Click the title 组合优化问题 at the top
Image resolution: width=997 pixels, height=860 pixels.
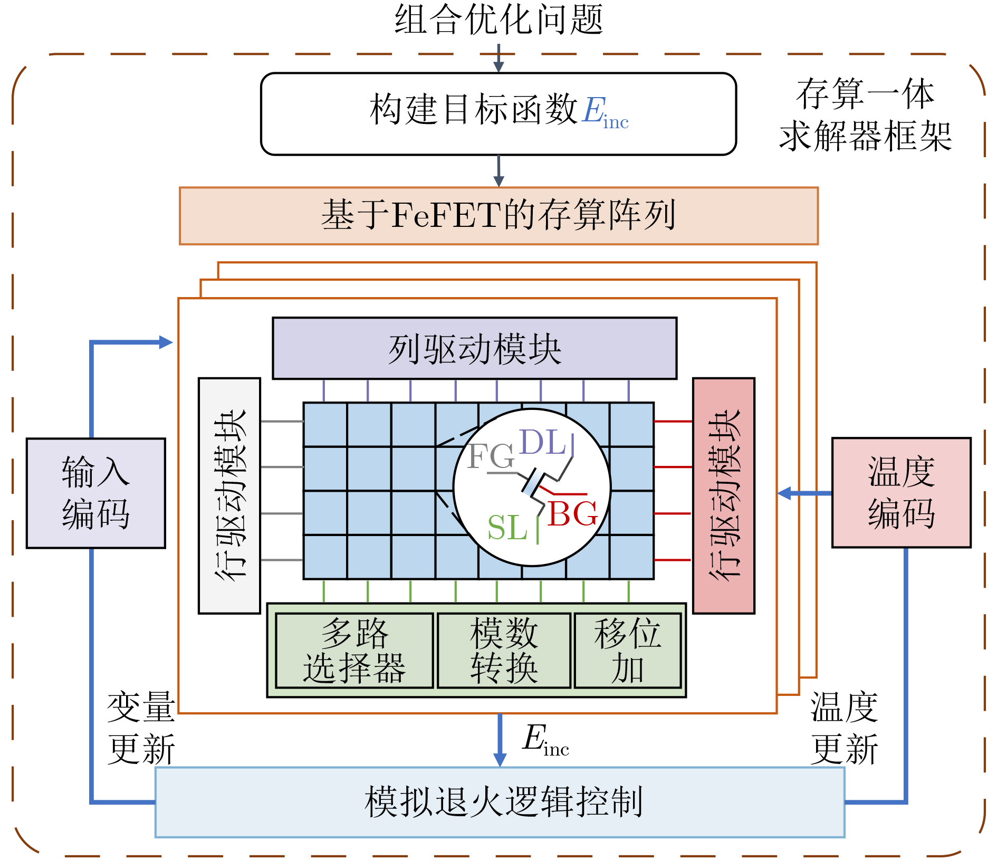498,20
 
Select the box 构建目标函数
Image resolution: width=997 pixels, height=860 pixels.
498,113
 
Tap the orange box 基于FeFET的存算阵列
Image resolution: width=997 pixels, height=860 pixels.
498,216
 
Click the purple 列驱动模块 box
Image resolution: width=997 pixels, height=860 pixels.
474,348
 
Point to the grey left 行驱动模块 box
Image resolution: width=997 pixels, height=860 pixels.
229,495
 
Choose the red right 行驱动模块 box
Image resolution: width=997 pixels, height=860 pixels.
723,495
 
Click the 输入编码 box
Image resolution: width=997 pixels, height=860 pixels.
96,493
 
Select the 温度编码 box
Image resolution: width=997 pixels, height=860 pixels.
901,493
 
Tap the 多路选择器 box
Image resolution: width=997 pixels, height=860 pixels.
354,651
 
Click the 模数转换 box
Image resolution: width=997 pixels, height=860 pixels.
504,651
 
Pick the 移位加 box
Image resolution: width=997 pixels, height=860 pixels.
627,651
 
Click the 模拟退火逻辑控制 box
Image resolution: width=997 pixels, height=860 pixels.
500,802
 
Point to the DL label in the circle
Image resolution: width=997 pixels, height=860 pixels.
543,442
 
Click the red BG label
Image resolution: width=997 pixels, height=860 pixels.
572,513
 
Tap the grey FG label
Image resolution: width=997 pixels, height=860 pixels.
491,456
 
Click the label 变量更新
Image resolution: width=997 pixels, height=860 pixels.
141,728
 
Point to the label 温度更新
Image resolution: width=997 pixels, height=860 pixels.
844,728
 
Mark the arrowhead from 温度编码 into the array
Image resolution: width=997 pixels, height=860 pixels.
784,493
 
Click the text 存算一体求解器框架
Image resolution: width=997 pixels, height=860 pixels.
865,114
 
